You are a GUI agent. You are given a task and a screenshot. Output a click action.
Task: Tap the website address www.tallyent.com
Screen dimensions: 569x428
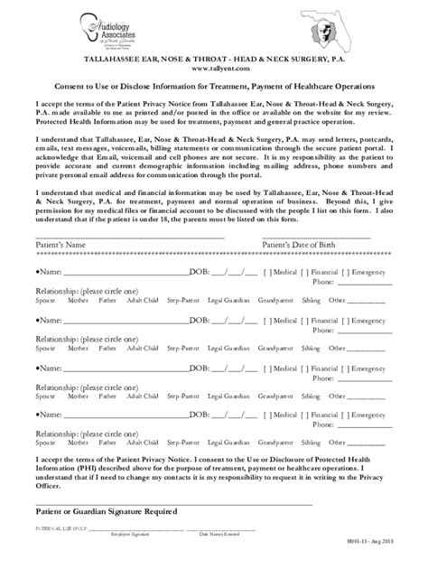213,67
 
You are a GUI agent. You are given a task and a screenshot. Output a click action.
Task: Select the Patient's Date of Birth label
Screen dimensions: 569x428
330,245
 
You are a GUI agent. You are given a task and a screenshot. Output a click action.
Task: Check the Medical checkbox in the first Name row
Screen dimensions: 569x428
267,271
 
